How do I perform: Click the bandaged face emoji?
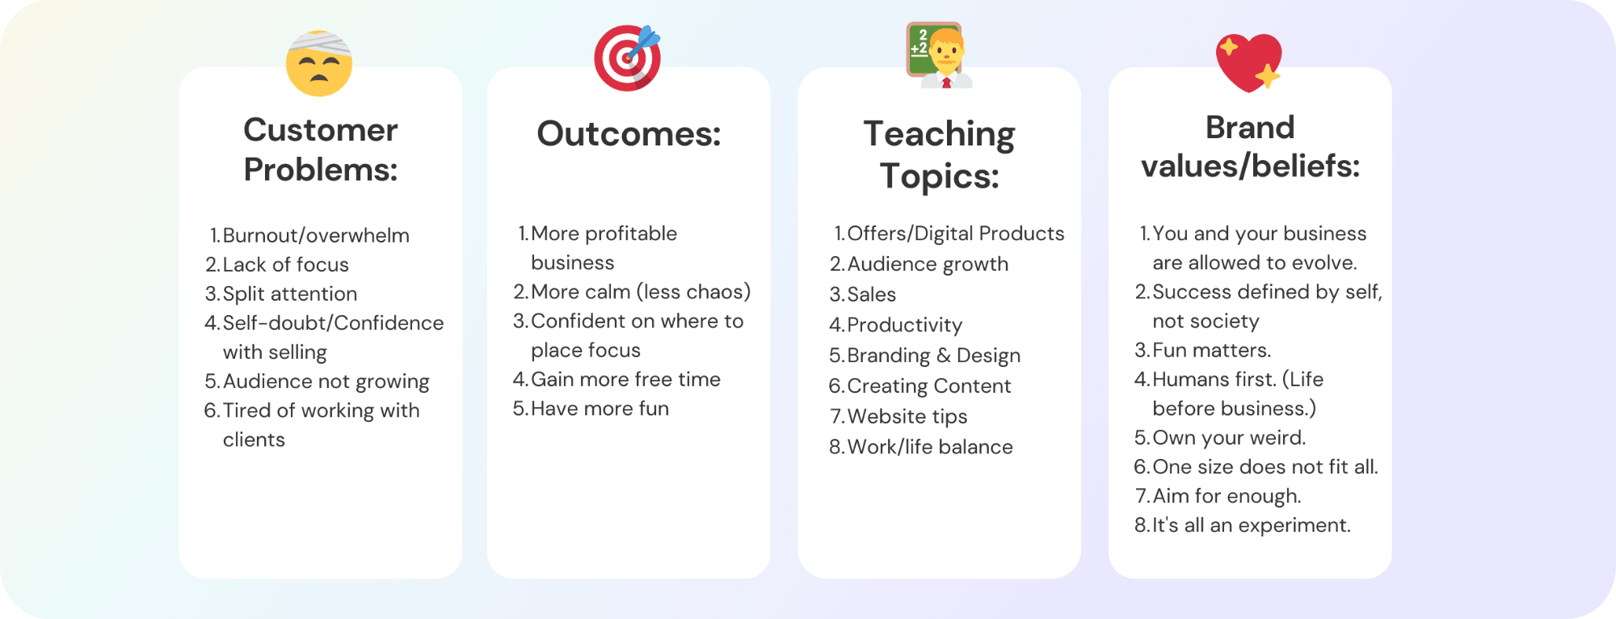point(319,63)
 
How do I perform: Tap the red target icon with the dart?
point(628,57)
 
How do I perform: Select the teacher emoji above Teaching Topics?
point(939,55)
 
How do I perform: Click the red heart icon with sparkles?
point(1249,62)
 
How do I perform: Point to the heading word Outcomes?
point(629,133)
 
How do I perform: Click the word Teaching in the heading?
point(939,134)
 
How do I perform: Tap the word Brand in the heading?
point(1250,128)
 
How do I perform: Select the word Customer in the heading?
point(321,130)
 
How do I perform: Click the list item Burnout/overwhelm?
point(316,235)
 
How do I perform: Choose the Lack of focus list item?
point(286,264)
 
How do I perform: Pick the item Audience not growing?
point(326,381)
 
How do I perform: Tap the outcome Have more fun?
point(600,408)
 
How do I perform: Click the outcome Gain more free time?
point(625,379)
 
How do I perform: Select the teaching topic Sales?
point(872,294)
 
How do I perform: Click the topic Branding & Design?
point(934,356)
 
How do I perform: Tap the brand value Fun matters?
point(1212,350)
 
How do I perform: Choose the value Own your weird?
point(1229,438)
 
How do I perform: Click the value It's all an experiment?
point(1252,525)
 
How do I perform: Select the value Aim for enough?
point(1227,496)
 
